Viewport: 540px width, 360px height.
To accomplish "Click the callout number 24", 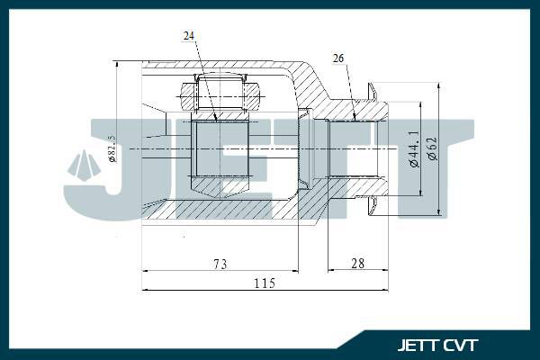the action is click(189, 35).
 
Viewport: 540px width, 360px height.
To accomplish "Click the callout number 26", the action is click(338, 58).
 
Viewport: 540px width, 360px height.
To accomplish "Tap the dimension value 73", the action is click(220, 265).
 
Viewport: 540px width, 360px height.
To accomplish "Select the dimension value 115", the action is click(265, 283).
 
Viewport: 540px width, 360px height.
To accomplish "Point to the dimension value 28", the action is click(358, 264).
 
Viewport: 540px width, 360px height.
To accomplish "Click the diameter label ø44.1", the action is click(414, 148).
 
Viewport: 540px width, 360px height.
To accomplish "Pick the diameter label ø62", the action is click(432, 148).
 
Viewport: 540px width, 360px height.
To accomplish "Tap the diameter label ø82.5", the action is click(112, 148).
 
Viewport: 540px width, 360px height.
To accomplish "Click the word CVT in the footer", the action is click(462, 345).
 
